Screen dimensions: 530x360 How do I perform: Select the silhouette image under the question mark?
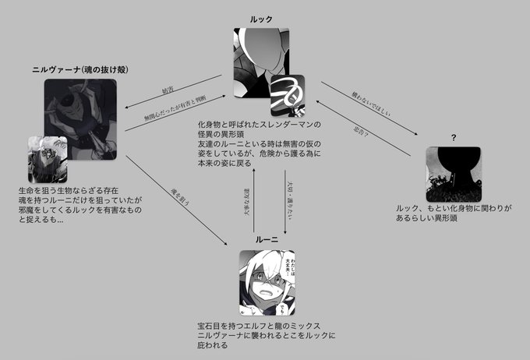[454, 175]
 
